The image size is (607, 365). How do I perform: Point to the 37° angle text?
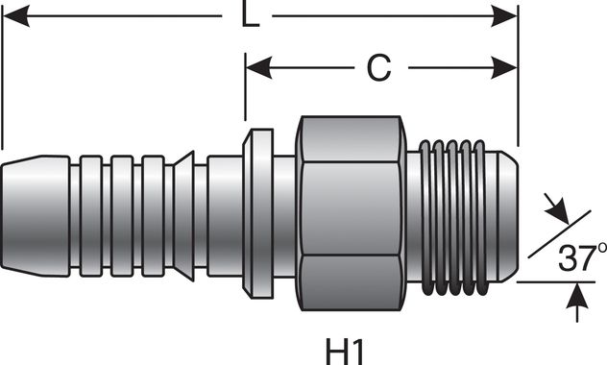[576, 256]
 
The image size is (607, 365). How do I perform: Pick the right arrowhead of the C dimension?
[508, 66]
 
